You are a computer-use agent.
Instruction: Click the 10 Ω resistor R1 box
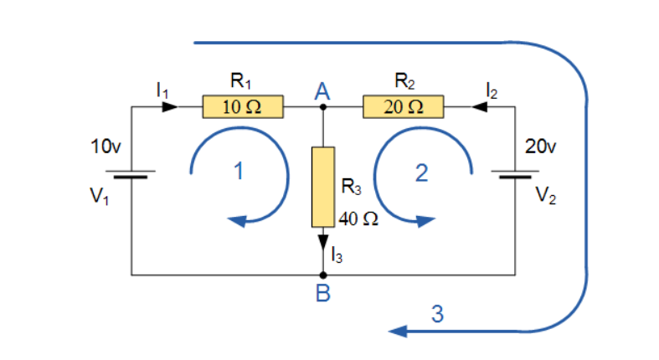click(x=242, y=107)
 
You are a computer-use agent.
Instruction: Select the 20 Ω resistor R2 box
click(x=403, y=107)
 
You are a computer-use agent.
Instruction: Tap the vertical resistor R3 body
click(x=323, y=187)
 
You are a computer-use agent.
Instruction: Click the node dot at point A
click(x=323, y=107)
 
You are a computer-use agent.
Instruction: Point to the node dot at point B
click(x=323, y=274)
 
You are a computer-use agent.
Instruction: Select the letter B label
click(x=323, y=294)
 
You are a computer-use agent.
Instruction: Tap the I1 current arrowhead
click(x=170, y=107)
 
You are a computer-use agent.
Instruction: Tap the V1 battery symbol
click(x=132, y=176)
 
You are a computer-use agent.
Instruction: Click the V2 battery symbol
click(x=514, y=176)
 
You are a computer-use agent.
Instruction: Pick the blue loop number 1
click(x=239, y=173)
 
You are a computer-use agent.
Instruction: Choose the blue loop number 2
click(x=421, y=173)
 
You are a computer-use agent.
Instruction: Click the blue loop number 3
click(x=437, y=315)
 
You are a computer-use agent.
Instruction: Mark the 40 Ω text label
click(x=359, y=219)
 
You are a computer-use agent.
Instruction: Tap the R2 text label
click(x=404, y=82)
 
